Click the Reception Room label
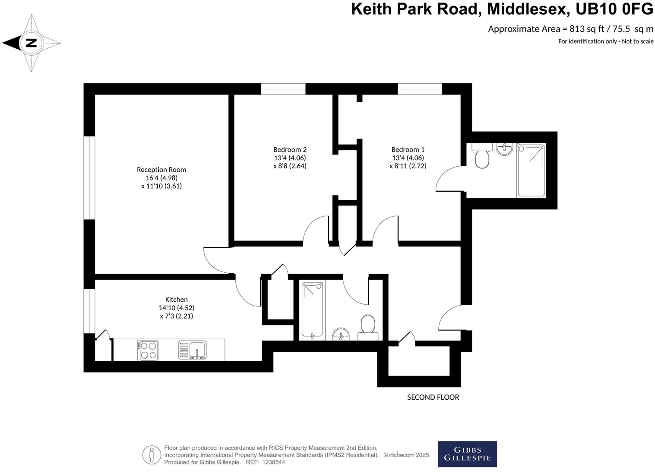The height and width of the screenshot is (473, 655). (x=161, y=170)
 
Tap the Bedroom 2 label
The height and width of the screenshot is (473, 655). (x=290, y=150)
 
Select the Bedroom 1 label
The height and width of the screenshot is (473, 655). (x=408, y=150)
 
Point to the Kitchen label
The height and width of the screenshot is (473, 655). (x=176, y=300)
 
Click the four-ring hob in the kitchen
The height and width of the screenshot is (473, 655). (x=148, y=350)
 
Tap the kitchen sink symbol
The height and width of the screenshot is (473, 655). (x=193, y=350)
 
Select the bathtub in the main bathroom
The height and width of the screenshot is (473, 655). (x=312, y=310)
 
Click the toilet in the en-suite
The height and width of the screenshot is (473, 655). (x=482, y=156)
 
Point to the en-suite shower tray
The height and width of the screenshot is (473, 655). (x=531, y=170)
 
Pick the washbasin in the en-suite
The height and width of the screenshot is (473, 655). (x=504, y=149)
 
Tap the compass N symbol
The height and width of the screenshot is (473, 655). (x=31, y=43)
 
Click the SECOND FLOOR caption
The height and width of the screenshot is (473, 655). (x=433, y=397)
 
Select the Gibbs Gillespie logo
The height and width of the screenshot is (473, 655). (x=467, y=454)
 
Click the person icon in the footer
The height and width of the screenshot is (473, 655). (x=152, y=455)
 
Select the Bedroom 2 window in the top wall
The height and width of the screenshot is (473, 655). (x=283, y=89)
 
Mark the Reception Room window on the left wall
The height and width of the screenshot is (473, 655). (x=89, y=178)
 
